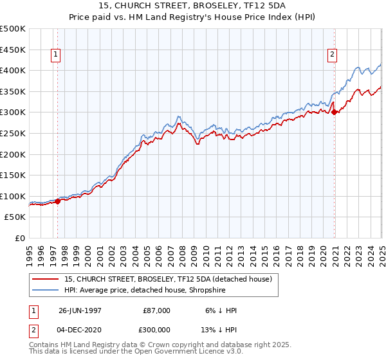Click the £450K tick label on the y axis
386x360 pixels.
coord(14,50)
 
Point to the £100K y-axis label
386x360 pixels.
coord(14,196)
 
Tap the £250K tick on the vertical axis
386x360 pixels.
coord(14,133)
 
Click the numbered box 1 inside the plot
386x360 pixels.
coord(57,55)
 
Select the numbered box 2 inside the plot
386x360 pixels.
coord(333,55)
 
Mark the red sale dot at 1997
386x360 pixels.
coord(58,201)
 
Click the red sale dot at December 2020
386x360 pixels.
coord(335,113)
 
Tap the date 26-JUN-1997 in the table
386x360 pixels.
coord(80,310)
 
